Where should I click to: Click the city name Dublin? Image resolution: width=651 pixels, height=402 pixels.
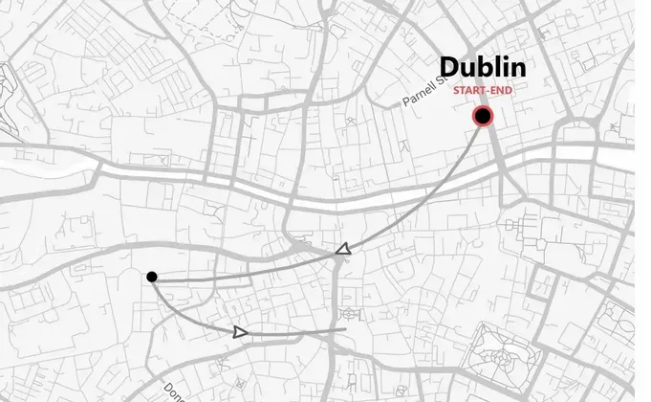[483, 68]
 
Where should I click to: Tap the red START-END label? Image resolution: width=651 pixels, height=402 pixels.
[483, 91]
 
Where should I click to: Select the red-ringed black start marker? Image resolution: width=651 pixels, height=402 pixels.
[483, 118]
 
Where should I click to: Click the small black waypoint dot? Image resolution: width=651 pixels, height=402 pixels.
[152, 278]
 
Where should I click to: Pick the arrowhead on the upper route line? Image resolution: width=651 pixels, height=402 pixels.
[342, 250]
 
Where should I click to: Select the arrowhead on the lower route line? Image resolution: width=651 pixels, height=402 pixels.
[240, 332]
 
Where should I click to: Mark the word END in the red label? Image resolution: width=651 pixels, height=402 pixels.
[500, 91]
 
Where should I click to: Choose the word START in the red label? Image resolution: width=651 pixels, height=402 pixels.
[471, 91]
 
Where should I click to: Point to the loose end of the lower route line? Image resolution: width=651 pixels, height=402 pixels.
[345, 329]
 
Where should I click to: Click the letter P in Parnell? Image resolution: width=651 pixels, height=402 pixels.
[406, 103]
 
